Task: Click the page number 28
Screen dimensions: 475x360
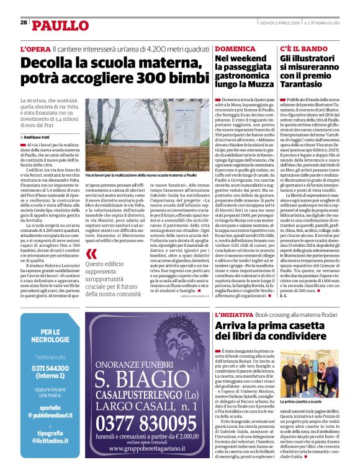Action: [x=24, y=22]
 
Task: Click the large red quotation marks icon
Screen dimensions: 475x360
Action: [x=92, y=254]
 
